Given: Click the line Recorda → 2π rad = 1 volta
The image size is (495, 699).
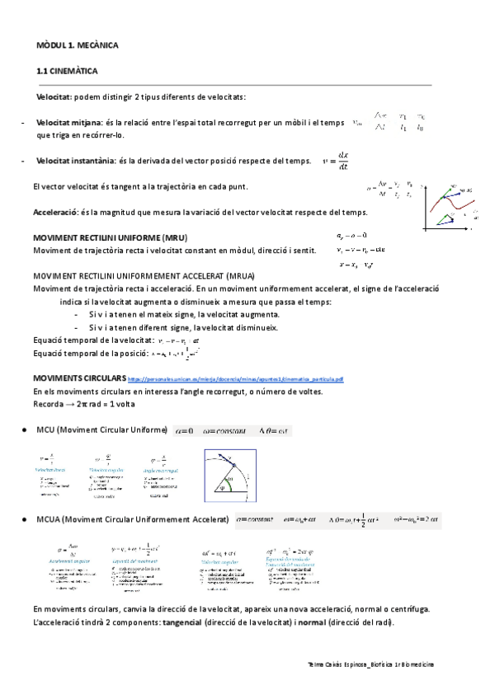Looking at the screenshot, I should (84, 404).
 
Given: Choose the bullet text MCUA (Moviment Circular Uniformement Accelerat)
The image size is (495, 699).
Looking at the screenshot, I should (133, 520).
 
